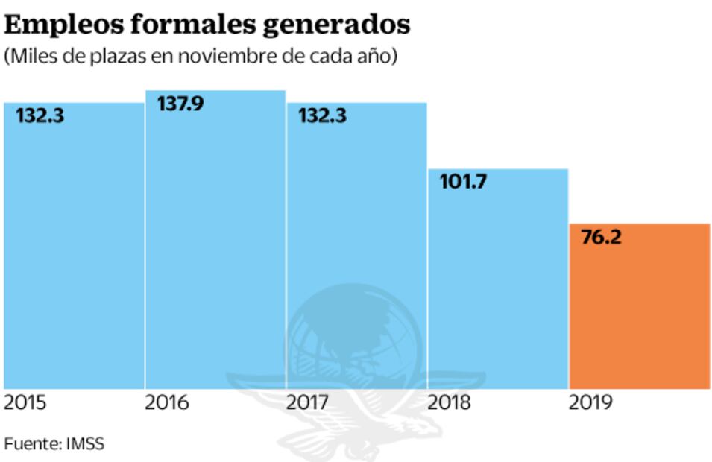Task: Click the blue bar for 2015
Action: pos(74,246)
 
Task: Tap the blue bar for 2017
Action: pos(356,246)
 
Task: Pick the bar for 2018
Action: pos(497,279)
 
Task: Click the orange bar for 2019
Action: pos(639,306)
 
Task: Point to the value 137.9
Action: pos(180,104)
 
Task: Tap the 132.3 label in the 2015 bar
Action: pos(40,115)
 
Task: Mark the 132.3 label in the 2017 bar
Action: pos(322,115)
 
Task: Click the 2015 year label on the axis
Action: pos(25,404)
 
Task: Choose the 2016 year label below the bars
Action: pos(167,404)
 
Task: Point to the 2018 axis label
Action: pos(450,404)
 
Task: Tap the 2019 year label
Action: pos(590,404)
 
